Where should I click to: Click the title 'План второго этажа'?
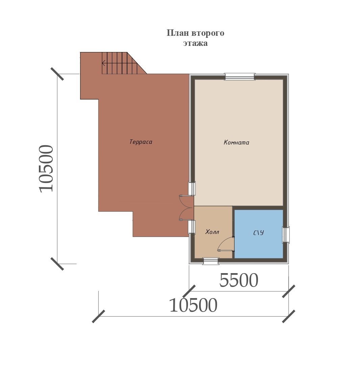[195, 38]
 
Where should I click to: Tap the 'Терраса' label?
[141, 142]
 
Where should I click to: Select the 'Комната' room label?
[236, 142]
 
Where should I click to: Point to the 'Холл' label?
[212, 232]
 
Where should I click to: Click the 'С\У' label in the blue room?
[259, 233]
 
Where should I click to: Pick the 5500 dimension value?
[239, 280]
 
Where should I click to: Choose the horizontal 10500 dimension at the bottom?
[193, 305]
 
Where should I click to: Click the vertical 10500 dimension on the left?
[46, 169]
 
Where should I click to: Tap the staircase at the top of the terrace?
[124, 63]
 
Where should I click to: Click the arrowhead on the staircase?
[103, 63]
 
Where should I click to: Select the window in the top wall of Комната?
[240, 77]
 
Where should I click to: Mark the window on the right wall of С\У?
[286, 235]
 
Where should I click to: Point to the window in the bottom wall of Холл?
[211, 261]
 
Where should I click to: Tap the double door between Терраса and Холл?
[187, 208]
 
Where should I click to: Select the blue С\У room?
[259, 234]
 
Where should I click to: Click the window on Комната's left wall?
[192, 188]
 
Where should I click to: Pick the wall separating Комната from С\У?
[259, 208]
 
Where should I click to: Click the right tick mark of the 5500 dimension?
[289, 291]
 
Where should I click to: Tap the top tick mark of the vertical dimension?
[57, 74]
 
